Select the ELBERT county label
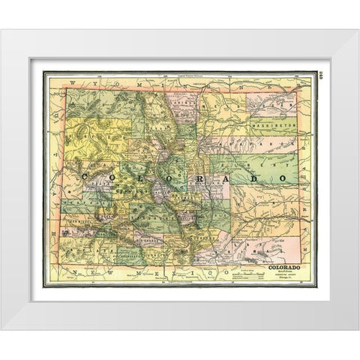pyautogui.click(x=217, y=169)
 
